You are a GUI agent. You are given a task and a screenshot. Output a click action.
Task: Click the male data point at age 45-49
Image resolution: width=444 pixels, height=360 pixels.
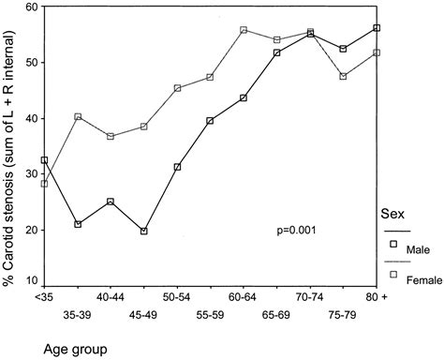[x=144, y=231]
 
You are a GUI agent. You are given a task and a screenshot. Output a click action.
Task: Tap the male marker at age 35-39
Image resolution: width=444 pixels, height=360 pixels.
[x=78, y=224]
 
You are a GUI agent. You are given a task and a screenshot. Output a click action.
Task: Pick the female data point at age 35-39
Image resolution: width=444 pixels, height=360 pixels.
[x=78, y=117]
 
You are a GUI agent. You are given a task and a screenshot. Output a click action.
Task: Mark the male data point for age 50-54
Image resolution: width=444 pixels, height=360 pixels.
[x=177, y=167]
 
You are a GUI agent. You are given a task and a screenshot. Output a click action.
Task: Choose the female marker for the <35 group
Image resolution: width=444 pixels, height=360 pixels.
[x=44, y=184]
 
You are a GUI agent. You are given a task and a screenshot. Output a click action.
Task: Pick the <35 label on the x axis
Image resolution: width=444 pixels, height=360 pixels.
[x=44, y=296]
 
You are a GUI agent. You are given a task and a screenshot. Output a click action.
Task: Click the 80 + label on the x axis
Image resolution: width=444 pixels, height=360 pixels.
[x=377, y=296]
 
